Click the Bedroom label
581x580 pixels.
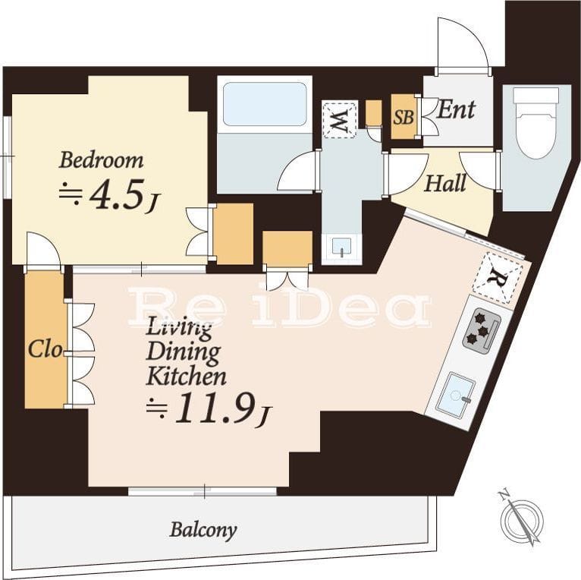[101, 161]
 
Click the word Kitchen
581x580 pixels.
[187, 376]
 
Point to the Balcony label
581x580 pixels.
[203, 530]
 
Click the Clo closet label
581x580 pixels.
[46, 349]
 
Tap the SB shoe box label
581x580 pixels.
[404, 117]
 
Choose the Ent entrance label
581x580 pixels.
[456, 110]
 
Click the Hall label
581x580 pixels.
[445, 184]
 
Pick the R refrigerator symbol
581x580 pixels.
[498, 276]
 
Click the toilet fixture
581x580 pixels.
[535, 123]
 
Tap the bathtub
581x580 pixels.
[265, 104]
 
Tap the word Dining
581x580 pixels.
[184, 351]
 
